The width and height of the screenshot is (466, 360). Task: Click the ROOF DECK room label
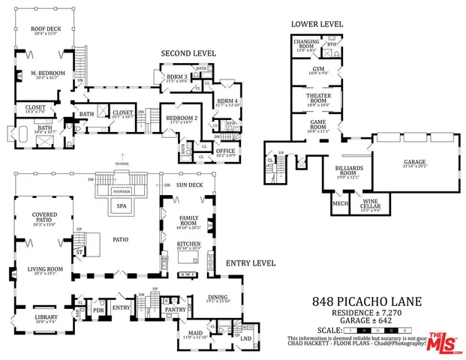(x=44, y=30)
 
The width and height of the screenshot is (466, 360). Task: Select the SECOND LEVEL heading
(x=188, y=54)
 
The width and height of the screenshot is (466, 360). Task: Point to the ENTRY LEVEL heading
(x=251, y=263)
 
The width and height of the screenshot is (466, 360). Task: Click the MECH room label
(x=340, y=203)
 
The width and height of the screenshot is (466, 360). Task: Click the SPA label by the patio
(x=120, y=204)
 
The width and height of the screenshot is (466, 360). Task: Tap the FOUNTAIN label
(x=120, y=190)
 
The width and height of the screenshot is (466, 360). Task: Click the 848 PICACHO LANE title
(x=367, y=301)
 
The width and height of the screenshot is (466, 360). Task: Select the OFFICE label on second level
(x=224, y=150)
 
